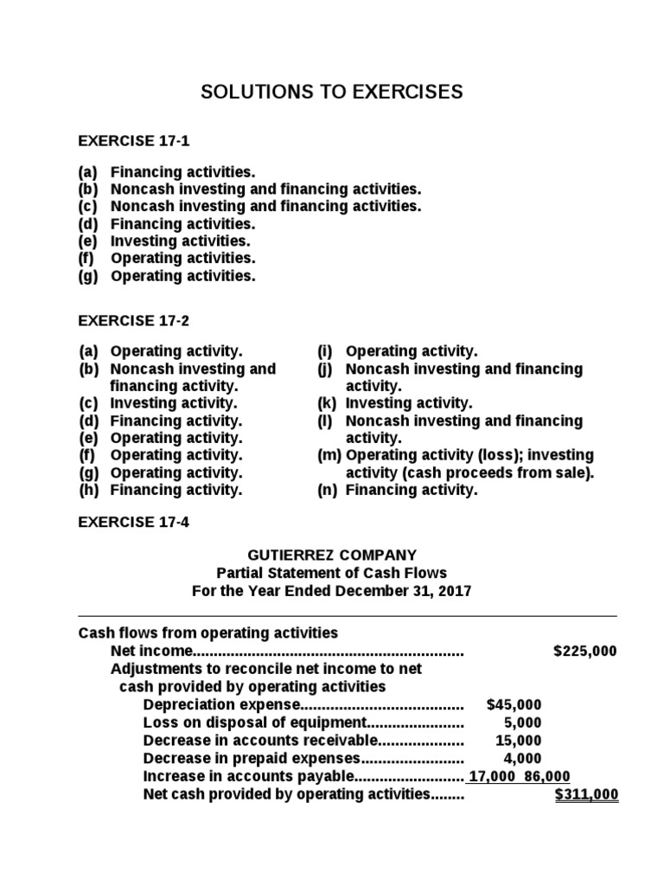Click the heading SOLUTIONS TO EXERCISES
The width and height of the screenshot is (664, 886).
click(332, 93)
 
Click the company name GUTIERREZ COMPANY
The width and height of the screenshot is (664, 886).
click(332, 555)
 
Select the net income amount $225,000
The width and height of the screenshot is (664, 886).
click(584, 652)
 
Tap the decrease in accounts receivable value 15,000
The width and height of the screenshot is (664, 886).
click(519, 741)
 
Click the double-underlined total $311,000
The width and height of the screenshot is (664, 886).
click(586, 794)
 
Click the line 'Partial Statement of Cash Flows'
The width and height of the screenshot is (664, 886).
click(332, 573)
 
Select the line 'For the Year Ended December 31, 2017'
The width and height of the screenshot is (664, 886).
click(332, 591)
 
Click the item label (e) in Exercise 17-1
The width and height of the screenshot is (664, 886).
click(88, 241)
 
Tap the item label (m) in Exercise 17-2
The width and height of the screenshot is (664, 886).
click(329, 455)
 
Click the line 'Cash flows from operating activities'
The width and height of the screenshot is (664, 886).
click(208, 633)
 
